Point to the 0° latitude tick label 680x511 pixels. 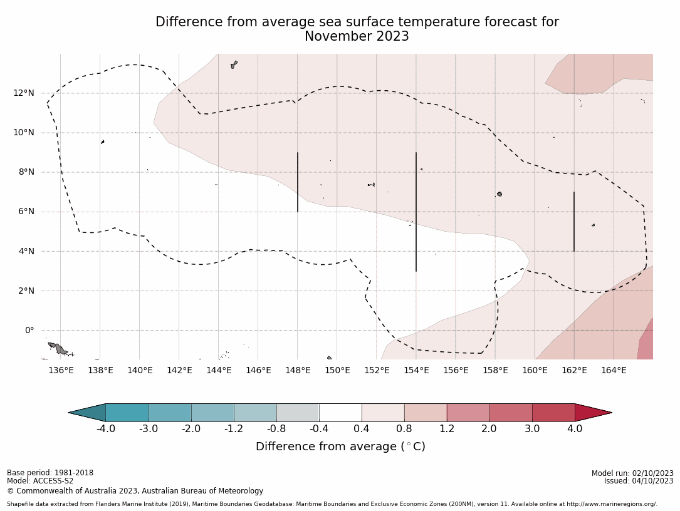(x=29, y=330)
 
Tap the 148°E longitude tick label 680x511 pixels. (x=298, y=370)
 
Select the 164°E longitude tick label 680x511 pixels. (x=614, y=370)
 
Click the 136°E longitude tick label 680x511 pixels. (x=61, y=370)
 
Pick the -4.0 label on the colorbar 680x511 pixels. (x=105, y=429)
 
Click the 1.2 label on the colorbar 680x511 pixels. (x=447, y=429)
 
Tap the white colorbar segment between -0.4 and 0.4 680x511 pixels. (x=340, y=413)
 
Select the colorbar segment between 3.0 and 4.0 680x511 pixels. (x=553, y=413)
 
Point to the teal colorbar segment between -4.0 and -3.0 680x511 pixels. (x=127, y=413)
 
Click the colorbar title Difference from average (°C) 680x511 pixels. (x=340, y=446)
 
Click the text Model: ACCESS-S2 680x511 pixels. (x=40, y=481)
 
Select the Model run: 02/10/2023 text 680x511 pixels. (x=632, y=473)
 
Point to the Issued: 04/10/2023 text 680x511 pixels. (x=639, y=481)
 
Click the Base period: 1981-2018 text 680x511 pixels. (x=50, y=473)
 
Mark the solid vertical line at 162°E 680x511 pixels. (x=574, y=222)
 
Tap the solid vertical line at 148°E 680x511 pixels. (x=298, y=182)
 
